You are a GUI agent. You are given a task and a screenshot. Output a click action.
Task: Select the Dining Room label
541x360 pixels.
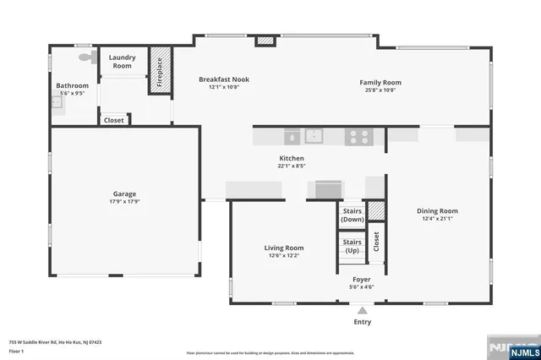[437, 211]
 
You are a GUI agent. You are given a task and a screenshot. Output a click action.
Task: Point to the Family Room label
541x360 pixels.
[382, 83]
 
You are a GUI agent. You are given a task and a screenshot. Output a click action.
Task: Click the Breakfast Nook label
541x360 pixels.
[224, 79]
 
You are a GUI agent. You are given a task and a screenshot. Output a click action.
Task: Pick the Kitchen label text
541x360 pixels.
[292, 158]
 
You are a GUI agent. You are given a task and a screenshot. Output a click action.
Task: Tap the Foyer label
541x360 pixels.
[361, 279]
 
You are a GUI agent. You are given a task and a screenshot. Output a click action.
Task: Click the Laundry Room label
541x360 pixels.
[122, 61]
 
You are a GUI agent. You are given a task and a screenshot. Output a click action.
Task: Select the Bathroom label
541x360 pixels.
[72, 85]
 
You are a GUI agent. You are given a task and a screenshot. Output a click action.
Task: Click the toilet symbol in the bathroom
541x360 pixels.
[85, 57]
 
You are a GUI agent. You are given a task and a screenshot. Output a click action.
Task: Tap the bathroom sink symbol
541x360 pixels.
[56, 102]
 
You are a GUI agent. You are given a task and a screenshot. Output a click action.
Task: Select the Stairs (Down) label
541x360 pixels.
[352, 215]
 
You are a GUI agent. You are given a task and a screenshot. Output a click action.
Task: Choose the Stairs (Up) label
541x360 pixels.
[352, 247]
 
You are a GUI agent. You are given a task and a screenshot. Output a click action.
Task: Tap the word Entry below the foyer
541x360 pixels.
[362, 322]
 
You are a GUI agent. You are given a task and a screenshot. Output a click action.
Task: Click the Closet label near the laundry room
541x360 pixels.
[113, 120]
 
